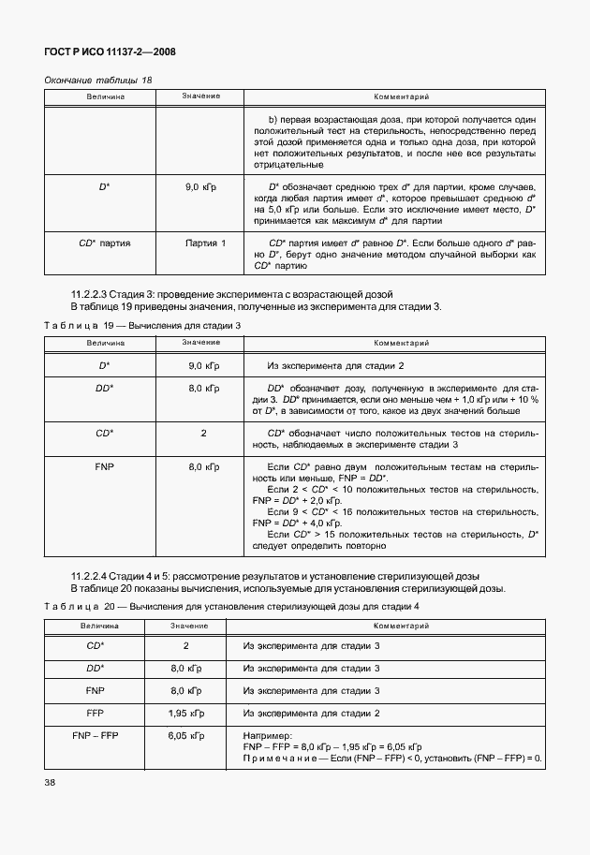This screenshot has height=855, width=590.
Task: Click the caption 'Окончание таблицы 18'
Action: tap(97, 81)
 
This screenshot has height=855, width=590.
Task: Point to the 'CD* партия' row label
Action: tap(104, 243)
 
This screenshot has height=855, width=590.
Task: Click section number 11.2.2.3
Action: tap(96, 294)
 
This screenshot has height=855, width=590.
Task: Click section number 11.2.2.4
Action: tap(96, 576)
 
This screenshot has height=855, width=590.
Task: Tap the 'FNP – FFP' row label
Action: tap(94, 737)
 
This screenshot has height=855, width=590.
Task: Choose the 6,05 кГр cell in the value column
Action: tap(185, 737)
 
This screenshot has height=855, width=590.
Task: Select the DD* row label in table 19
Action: tap(104, 388)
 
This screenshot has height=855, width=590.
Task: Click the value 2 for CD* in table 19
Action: tap(203, 433)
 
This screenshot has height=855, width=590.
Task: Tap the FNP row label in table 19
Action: tap(104, 466)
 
